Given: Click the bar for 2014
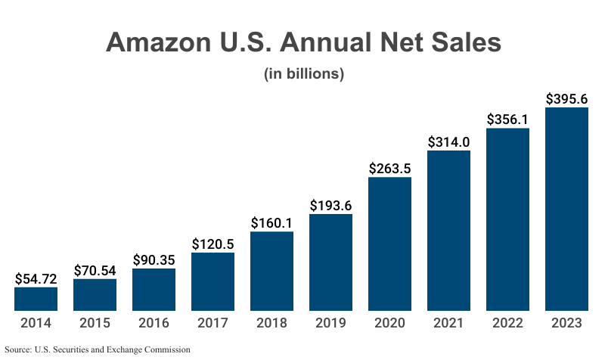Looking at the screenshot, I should click(36, 299).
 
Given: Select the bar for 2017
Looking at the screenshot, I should click(213, 281).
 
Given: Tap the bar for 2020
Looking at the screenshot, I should click(389, 244).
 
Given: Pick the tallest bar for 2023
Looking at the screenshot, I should click(566, 209).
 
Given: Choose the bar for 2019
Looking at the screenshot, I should click(330, 262).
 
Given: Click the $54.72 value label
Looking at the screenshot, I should click(36, 278).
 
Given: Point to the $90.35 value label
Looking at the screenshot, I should click(154, 259).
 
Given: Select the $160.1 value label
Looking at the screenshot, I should click(271, 223).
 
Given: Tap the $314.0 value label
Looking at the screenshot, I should click(448, 142).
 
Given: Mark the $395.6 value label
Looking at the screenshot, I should click(566, 99).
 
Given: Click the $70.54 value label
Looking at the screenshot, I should click(95, 270).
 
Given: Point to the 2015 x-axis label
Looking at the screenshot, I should click(95, 323).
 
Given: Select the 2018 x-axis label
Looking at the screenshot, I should click(271, 323).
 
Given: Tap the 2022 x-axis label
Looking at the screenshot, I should click(507, 323).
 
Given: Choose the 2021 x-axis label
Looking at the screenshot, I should click(448, 323).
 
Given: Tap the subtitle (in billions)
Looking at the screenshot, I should click(303, 74).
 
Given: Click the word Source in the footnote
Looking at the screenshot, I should click(17, 350).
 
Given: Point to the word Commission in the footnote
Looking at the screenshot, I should click(166, 350).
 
